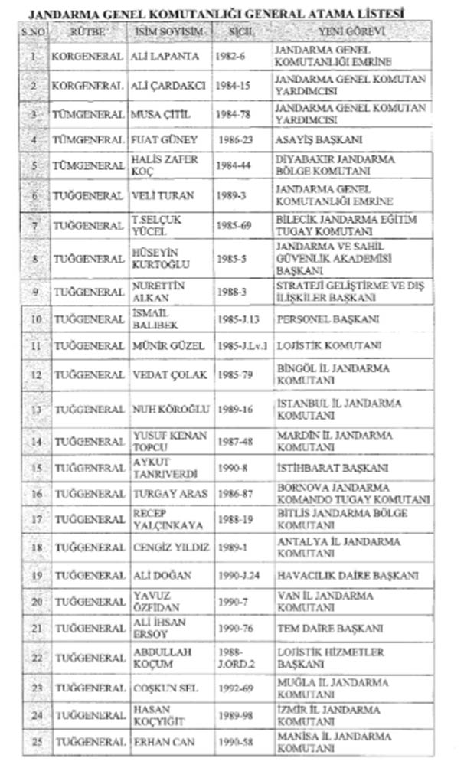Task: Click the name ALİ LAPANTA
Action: pyautogui.click(x=165, y=57)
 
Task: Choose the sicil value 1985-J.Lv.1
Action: pyautogui.click(x=243, y=346)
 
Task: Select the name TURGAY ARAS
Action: pyautogui.click(x=170, y=495)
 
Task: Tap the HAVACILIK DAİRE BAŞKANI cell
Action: pyautogui.click(x=347, y=575)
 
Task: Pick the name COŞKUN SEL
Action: pyautogui.click(x=165, y=688)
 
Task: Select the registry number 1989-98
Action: pyautogui.click(x=233, y=715)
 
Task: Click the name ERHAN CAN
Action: pyautogui.click(x=162, y=743)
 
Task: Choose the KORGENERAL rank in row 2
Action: pyautogui.click(x=88, y=86)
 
